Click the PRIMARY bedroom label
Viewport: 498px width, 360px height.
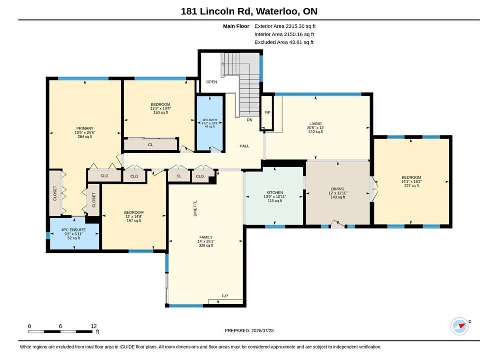(85, 129)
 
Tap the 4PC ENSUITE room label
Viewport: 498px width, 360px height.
(74, 230)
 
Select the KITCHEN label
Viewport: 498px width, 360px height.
(275, 193)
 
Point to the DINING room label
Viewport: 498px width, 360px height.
(338, 189)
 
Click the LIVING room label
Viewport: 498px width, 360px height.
(316, 124)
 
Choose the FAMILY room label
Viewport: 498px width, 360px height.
(206, 237)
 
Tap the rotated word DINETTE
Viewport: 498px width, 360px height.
(195, 208)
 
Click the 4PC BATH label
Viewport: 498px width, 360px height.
(210, 120)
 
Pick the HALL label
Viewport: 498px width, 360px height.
(244, 146)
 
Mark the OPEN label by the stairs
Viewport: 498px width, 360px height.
(212, 82)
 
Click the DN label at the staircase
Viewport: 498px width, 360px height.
(250, 120)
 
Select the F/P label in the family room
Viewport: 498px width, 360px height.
(225, 296)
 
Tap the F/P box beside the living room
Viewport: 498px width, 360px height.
(267, 112)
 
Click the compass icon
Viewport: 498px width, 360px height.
(460, 326)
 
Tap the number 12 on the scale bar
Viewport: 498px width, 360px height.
(94, 326)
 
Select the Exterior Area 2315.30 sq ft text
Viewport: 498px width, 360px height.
(285, 26)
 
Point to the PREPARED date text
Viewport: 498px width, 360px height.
(249, 331)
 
